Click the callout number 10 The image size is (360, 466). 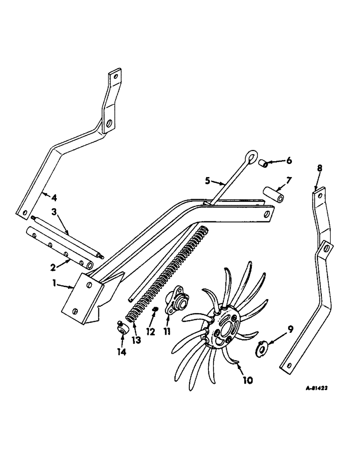point(247,380)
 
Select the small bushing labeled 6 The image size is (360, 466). point(263,164)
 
